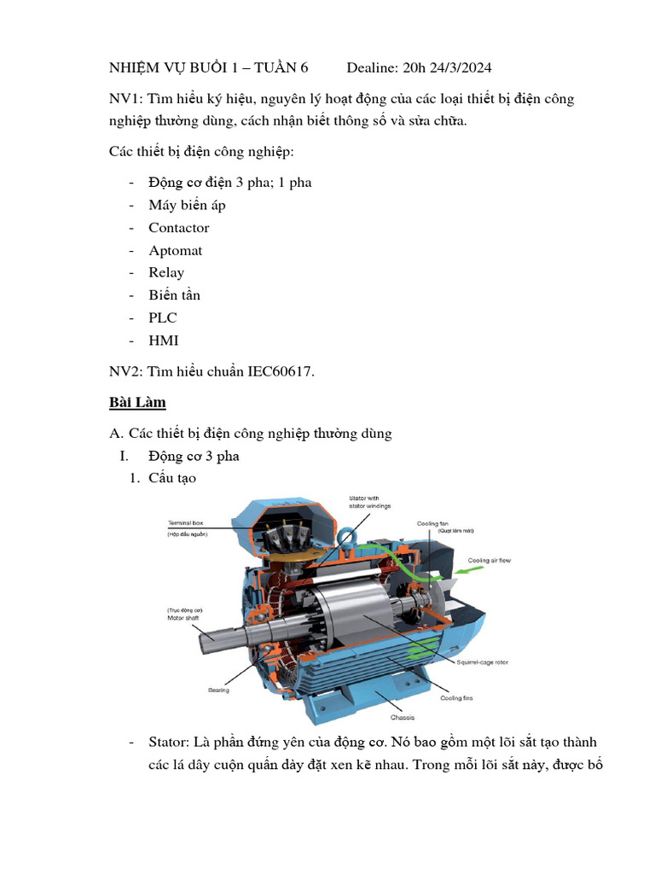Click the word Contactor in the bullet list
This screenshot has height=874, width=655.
tap(178, 228)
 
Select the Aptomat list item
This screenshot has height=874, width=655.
tap(175, 251)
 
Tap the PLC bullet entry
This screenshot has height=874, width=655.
tap(163, 318)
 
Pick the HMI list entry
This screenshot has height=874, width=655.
tap(164, 341)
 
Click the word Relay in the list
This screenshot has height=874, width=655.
tap(166, 273)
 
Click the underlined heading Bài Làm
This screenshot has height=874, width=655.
tap(137, 402)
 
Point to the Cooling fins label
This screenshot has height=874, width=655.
tap(456, 697)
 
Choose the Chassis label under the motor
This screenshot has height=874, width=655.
tap(403, 718)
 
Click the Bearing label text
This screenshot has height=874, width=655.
tap(218, 690)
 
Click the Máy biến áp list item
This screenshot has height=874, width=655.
tap(187, 206)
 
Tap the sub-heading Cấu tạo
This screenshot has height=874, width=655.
tap(171, 478)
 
